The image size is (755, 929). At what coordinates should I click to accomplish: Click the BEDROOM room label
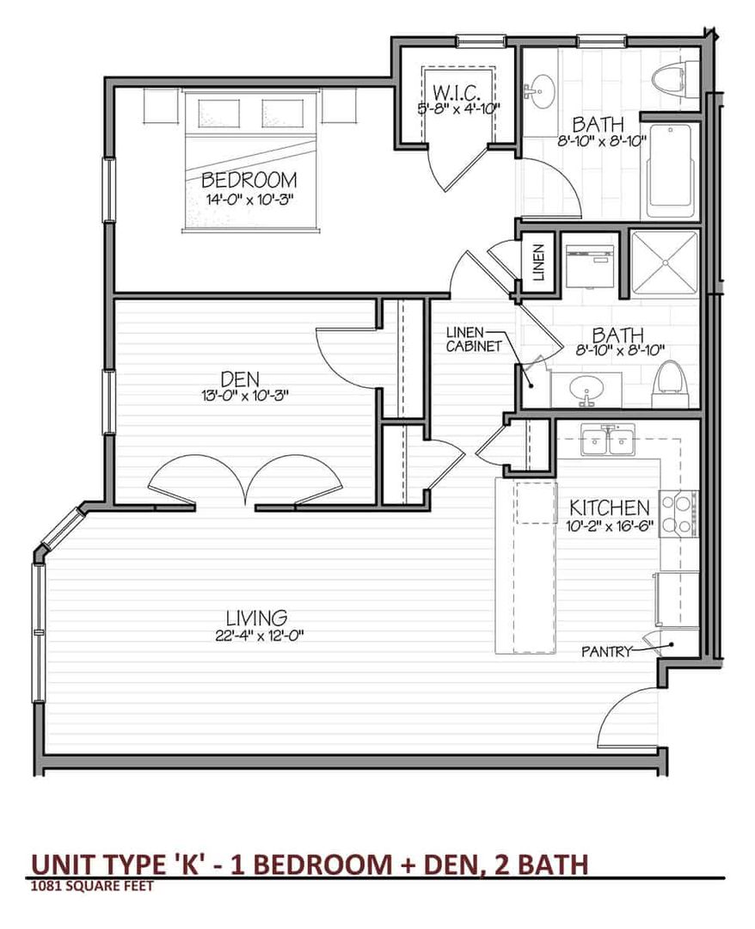tap(249, 180)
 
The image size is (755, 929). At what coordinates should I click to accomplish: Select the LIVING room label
tap(257, 618)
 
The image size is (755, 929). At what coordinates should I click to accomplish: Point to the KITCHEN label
tap(610, 508)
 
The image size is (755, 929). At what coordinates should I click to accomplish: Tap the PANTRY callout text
tap(606, 652)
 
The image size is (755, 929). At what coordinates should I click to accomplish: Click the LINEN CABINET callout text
tap(474, 340)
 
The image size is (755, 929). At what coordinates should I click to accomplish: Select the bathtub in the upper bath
tap(671, 171)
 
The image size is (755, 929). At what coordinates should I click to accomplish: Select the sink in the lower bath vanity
tap(586, 390)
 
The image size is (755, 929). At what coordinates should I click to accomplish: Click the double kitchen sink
tap(608, 440)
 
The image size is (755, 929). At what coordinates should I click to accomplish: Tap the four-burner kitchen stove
tap(679, 514)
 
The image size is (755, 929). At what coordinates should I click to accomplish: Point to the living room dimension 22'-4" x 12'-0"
tap(261, 636)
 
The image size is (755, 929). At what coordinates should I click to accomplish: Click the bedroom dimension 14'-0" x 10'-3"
tap(249, 199)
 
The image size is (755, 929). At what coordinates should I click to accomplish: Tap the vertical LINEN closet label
tap(538, 261)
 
